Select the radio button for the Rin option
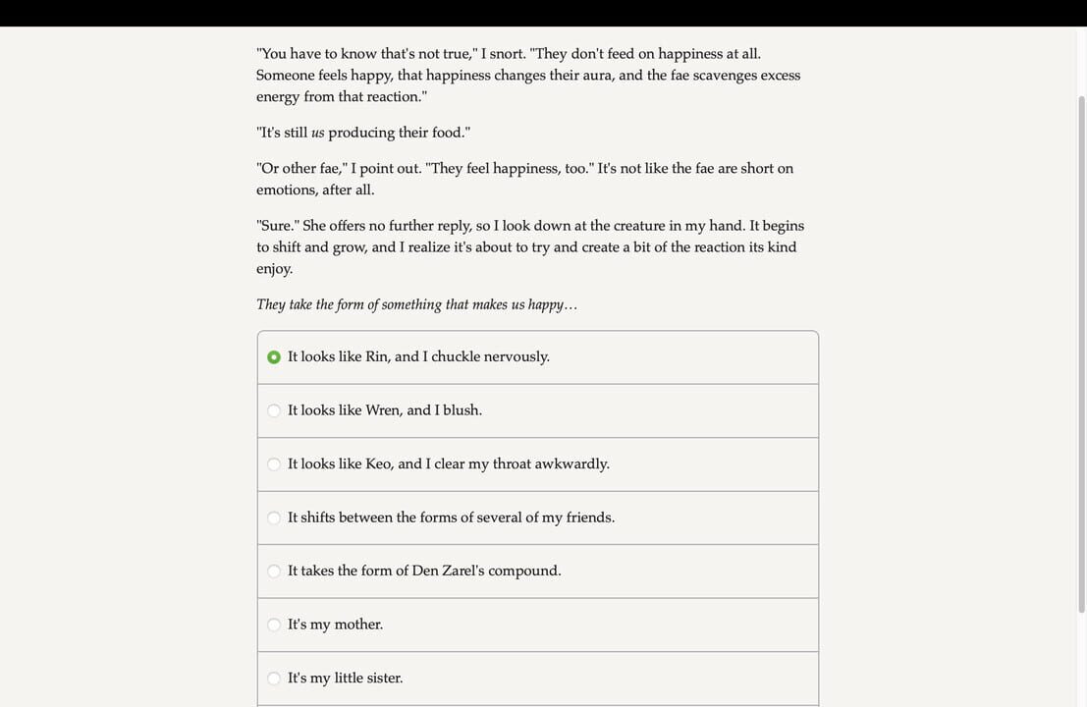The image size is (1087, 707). tap(274, 356)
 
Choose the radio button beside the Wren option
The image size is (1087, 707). tap(274, 410)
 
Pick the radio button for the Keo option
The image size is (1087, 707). tap(274, 463)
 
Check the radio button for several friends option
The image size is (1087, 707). tap(274, 517)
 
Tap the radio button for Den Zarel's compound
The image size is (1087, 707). tap(274, 571)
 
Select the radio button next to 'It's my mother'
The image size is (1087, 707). tap(274, 625)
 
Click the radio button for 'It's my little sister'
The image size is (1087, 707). tap(274, 678)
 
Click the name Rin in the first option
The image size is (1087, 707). tap(377, 356)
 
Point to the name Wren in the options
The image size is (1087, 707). tap(383, 410)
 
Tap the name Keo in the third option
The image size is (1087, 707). tap(378, 463)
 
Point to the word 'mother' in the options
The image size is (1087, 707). tap(357, 625)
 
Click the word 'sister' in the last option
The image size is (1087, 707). tap(384, 678)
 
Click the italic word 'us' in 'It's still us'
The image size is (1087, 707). tap(317, 133)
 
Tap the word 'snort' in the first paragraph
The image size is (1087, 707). tap(507, 54)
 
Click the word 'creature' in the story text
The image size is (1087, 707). tap(639, 226)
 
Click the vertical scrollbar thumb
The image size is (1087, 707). tap(1081, 353)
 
